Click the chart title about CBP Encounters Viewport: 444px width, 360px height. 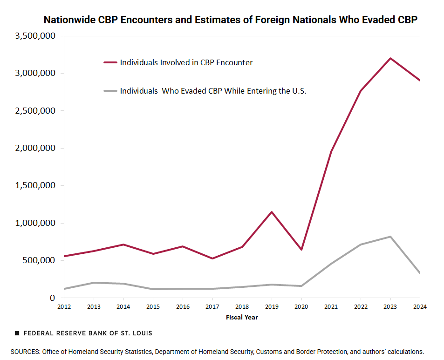(x=230, y=20)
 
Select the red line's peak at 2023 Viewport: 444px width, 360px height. (x=390, y=58)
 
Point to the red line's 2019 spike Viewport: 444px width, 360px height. (x=272, y=212)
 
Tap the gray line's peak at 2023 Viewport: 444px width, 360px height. (x=390, y=237)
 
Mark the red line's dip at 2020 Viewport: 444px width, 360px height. (x=301, y=250)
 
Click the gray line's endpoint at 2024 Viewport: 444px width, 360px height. (x=419, y=273)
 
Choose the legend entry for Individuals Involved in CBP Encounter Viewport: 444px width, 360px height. (x=186, y=62)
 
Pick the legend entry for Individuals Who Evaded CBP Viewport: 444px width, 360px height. (x=212, y=91)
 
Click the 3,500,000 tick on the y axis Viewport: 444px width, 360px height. (x=35, y=36)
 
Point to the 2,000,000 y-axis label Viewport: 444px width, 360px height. (x=35, y=148)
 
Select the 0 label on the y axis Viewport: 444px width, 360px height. (x=52, y=298)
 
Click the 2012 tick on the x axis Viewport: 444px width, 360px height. (x=64, y=307)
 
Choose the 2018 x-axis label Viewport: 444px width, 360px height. (x=242, y=307)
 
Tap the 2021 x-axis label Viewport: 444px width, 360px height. (x=331, y=307)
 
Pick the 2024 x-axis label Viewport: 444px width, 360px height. (x=419, y=307)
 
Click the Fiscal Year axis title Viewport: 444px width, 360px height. (x=242, y=318)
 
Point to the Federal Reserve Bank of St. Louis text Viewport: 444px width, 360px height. (x=88, y=333)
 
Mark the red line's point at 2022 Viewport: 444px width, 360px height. (x=360, y=91)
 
